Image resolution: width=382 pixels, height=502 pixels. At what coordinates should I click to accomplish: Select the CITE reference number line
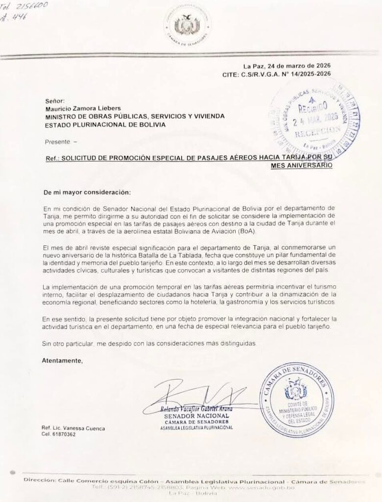coord(277,74)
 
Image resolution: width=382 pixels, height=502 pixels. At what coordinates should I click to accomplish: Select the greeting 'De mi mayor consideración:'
coord(87,192)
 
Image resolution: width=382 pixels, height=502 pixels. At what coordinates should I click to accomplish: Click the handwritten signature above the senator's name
coord(196,395)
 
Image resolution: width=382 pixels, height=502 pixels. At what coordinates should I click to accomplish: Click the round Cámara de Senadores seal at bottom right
coord(296,401)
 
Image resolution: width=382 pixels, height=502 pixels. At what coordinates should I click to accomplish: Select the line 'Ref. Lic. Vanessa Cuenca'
coord(73,428)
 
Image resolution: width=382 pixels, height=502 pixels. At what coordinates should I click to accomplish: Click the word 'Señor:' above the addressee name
coord(54,100)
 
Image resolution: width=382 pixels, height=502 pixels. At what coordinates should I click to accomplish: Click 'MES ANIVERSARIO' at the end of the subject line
coord(302,166)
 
